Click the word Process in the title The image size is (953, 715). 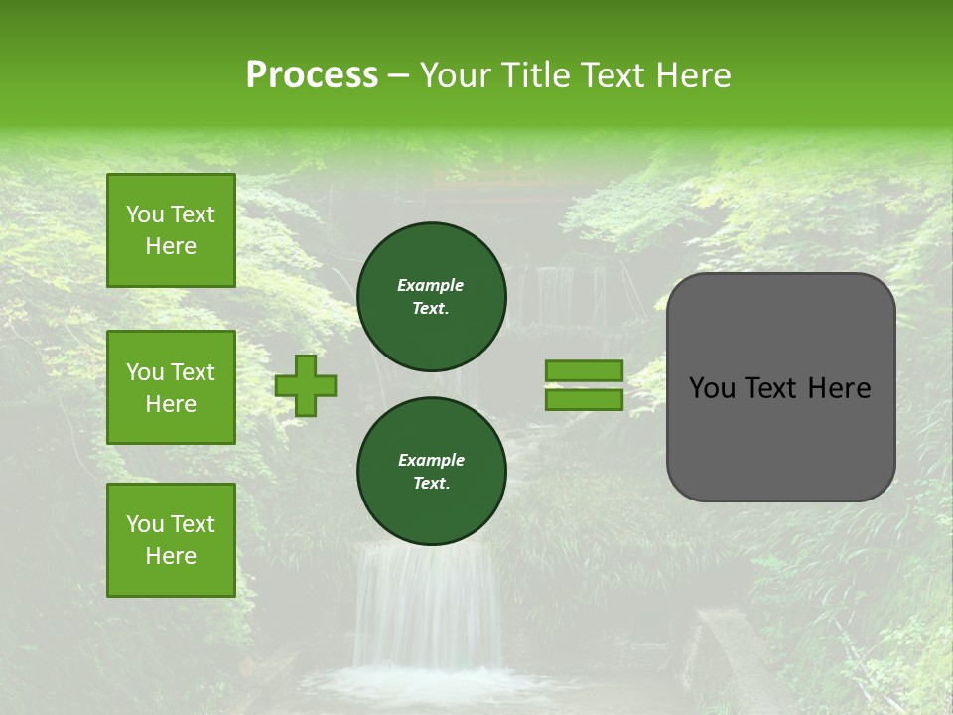click(x=312, y=75)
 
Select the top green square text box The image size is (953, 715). click(x=171, y=230)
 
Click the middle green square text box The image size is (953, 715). click(x=171, y=387)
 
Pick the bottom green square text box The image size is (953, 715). click(x=171, y=540)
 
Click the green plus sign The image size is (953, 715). click(x=306, y=385)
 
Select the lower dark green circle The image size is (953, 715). click(x=432, y=472)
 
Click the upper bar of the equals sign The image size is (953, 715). click(x=584, y=371)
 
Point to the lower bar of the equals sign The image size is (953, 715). click(x=584, y=399)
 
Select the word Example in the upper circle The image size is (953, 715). click(x=431, y=285)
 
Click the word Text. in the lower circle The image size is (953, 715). click(x=431, y=484)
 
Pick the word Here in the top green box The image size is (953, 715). click(x=171, y=246)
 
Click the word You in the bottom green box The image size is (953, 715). click(x=145, y=524)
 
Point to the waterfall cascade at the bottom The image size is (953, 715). click(x=427, y=606)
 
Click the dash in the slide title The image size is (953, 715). click(x=398, y=75)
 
